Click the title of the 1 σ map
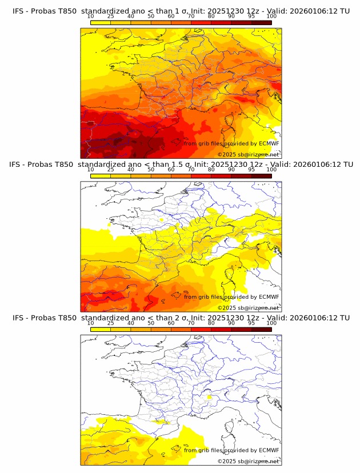[181, 10]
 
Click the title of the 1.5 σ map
[181, 164]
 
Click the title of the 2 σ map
[181, 318]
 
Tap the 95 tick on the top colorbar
[251, 16]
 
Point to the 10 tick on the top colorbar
[90, 16]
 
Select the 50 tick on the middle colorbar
[151, 170]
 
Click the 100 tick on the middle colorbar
[271, 170]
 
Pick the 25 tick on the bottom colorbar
[110, 323]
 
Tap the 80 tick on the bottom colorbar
[211, 323]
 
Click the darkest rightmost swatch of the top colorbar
[262, 22]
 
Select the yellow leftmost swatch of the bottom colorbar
[100, 330]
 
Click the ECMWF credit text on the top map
[231, 143]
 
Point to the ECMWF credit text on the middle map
[231, 296]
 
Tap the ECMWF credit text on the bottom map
[231, 450]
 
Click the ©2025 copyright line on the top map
[249, 154]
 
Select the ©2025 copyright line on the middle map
[249, 308]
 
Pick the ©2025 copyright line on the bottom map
[249, 461]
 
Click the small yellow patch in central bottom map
[210, 396]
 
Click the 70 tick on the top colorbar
[191, 16]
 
